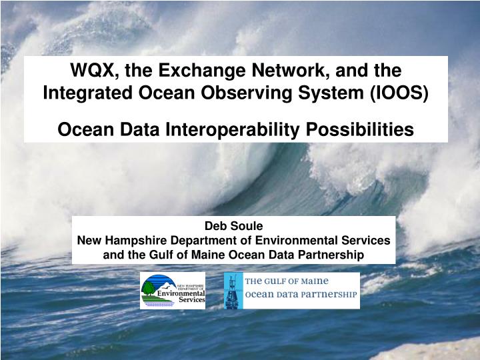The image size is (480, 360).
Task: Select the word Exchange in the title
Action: coord(190,69)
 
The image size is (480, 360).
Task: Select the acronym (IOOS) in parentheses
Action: coord(402,93)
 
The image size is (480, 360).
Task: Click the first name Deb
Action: coord(215,226)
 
